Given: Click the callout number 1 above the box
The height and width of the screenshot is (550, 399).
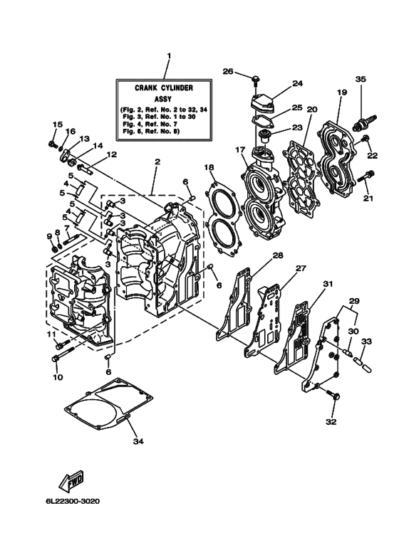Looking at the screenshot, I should coord(169,55).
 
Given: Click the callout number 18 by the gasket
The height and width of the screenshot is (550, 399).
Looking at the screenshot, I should coord(209,167).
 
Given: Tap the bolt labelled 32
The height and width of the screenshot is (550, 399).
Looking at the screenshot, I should coord(332,395).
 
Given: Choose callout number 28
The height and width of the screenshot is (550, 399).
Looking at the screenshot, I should coord(277,255).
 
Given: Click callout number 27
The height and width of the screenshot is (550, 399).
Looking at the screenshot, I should coord(300,268).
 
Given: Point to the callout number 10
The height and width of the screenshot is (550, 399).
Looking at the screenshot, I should coord(58,376).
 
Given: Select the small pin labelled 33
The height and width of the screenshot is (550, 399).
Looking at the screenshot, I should coord(361,364).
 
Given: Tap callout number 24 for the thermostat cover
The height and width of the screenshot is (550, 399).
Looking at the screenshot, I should coord(297,83).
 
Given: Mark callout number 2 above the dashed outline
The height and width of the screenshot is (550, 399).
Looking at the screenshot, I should coord(156,162).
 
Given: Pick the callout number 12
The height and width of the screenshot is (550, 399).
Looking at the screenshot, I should coord(111,154).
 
